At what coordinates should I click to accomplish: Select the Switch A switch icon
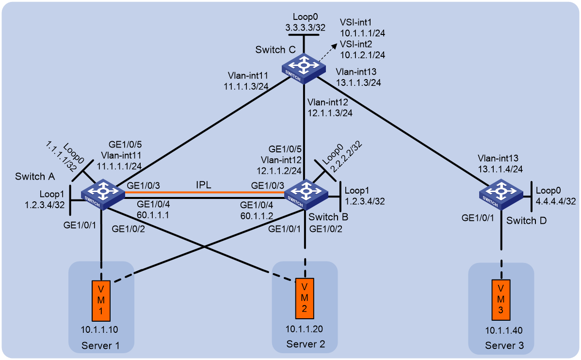pos(103,194)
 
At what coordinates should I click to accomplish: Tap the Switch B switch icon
pos(306,194)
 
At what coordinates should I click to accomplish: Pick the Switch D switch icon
pos(501,194)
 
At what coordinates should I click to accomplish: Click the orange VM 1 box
pos(101,301)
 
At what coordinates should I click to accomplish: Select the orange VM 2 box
pos(305,298)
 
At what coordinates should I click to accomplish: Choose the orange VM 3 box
pos(501,300)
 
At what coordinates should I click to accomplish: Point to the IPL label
pos(203,185)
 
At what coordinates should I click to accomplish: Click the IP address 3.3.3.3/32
pos(306,28)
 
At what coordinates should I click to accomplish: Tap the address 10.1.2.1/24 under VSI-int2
pos(362,55)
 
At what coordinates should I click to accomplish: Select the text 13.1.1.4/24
pos(500,169)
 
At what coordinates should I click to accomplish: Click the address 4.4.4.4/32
pos(556,201)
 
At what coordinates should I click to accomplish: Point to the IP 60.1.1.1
pos(153,214)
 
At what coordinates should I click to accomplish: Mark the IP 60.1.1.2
pos(257,215)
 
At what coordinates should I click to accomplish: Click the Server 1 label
pos(100,345)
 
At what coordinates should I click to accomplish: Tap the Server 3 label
pos(504,345)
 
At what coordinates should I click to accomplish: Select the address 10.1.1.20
pos(304,329)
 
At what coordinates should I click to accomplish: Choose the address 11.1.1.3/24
pos(246,86)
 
